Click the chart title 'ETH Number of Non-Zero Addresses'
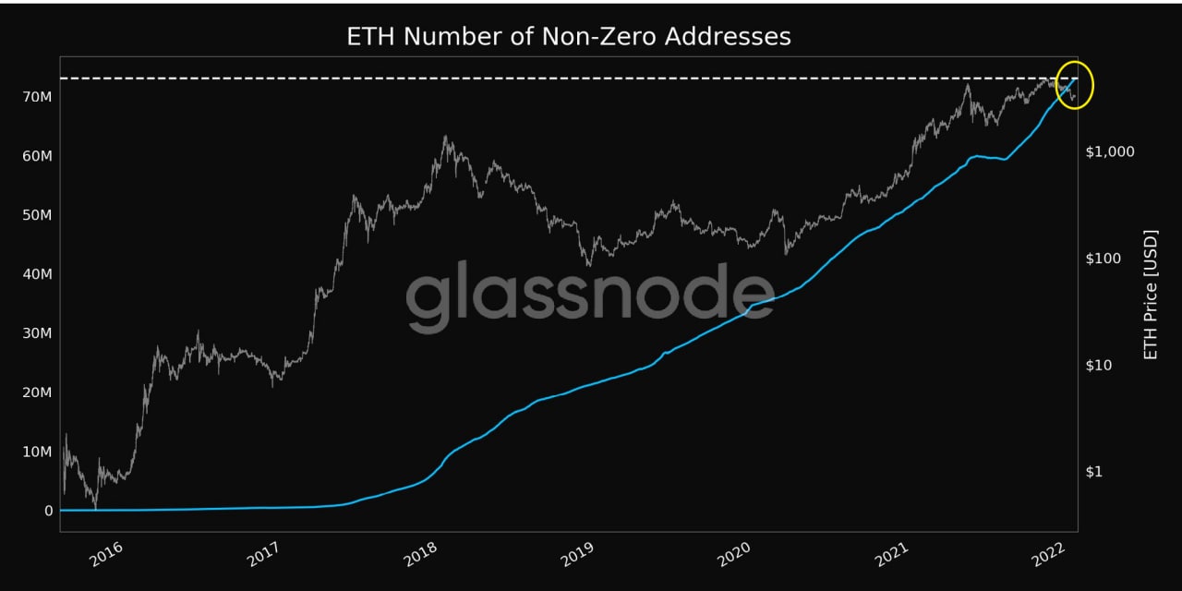(x=569, y=36)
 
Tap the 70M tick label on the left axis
(x=36, y=97)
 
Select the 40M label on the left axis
(x=36, y=274)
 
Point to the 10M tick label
(x=36, y=452)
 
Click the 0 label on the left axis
(x=48, y=511)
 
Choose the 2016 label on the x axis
(x=106, y=555)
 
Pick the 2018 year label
(x=421, y=555)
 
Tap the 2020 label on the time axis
(x=736, y=555)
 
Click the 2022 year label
(x=1053, y=555)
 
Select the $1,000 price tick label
(x=1110, y=151)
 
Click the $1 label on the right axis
(x=1095, y=472)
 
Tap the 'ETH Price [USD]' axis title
(x=1151, y=295)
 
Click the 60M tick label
(x=36, y=156)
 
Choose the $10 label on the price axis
(x=1099, y=366)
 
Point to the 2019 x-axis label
(x=578, y=555)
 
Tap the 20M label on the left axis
(x=36, y=392)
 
